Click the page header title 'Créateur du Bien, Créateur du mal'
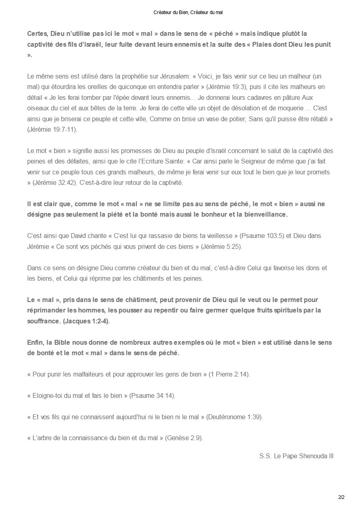coord(188,13)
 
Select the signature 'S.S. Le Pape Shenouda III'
coord(296,456)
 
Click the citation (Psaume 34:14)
coord(152,395)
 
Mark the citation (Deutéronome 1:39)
coord(234,417)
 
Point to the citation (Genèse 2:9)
coord(184,438)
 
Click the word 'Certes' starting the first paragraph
coord(37,33)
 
